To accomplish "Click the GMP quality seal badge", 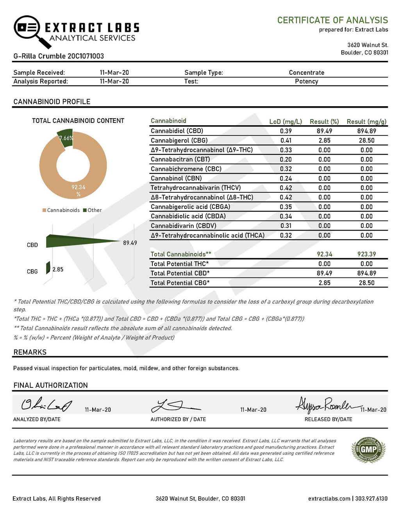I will [368, 449].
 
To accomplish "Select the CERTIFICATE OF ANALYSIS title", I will [332, 20].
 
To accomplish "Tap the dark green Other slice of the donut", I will [66, 137].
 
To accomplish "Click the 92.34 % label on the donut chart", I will [79, 190].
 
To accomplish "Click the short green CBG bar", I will [48, 268].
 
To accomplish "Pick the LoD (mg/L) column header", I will [286, 122].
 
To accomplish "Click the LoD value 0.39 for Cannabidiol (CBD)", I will [286, 131].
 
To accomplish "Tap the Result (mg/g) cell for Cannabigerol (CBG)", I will [366, 140].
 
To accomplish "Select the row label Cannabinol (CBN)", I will [176, 178].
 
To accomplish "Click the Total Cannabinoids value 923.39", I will [366, 254].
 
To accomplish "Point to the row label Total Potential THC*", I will [180, 264].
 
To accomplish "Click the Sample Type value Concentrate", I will [306, 73].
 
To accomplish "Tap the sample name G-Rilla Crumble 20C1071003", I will [59, 56].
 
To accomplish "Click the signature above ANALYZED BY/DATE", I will [46, 405].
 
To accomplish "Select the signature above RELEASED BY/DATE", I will [324, 405].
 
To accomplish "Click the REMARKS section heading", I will [30, 352].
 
